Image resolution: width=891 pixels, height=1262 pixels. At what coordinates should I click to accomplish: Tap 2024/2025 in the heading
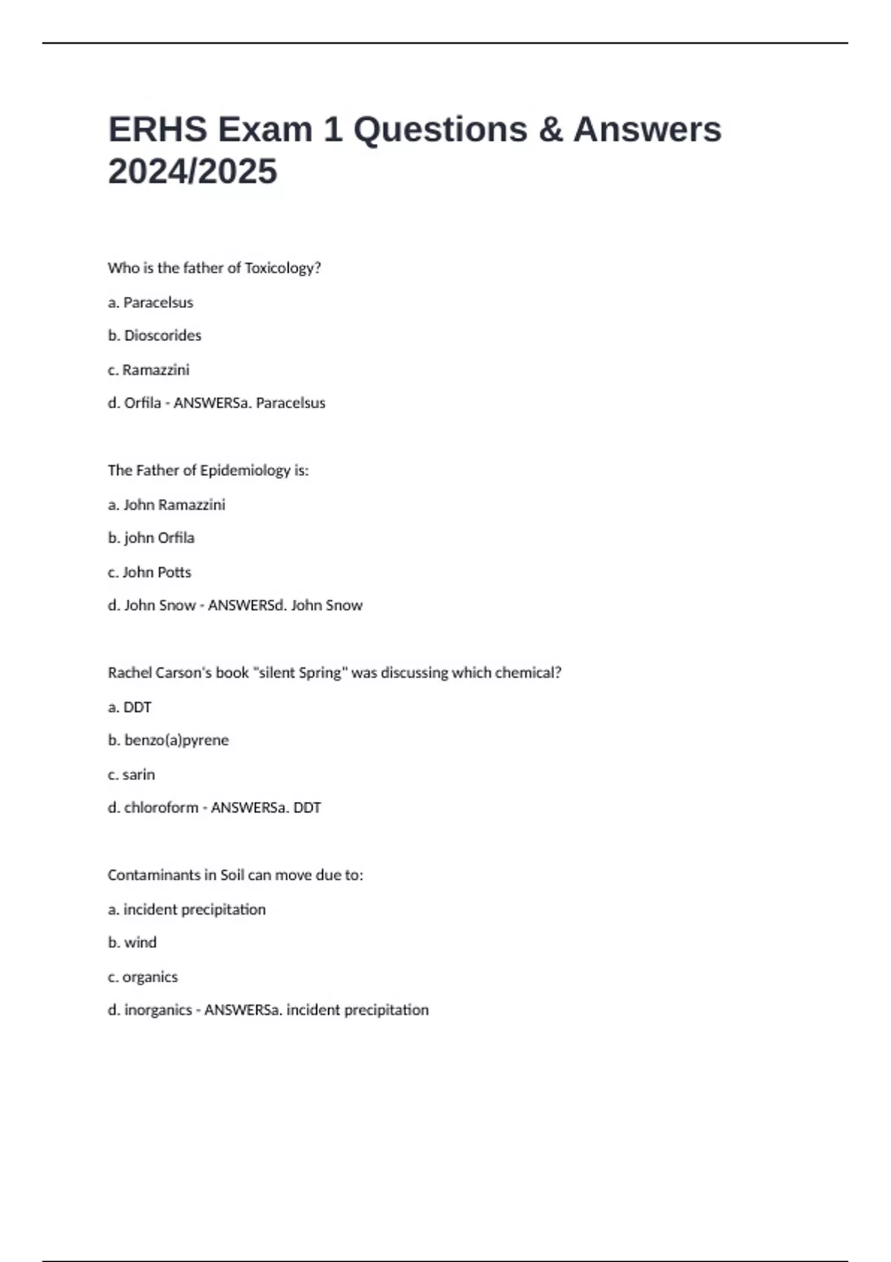coord(192,171)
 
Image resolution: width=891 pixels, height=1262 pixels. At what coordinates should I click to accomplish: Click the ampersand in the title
coord(549,129)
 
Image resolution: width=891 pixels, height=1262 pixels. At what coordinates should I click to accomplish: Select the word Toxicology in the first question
coord(282,268)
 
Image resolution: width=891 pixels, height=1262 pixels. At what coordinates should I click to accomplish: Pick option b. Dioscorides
coord(154,336)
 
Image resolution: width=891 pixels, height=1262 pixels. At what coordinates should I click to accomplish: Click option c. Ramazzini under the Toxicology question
coord(148,370)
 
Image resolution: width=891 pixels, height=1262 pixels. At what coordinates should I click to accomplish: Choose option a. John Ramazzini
coord(166,505)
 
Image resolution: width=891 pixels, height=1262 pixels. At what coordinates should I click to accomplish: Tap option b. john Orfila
coord(151,538)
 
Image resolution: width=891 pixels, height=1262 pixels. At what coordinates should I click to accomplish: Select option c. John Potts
coord(149,572)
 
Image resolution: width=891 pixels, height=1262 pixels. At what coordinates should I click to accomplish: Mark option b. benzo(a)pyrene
coord(168,740)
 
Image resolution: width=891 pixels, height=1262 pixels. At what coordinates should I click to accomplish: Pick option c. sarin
coord(131,775)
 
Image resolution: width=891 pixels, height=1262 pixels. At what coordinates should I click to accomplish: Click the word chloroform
coord(161,808)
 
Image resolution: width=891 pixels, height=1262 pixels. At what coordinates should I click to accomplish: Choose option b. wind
coord(132,943)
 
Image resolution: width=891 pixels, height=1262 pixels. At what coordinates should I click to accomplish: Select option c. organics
coord(143,977)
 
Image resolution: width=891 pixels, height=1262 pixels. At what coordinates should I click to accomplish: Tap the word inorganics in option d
coord(158,1010)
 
